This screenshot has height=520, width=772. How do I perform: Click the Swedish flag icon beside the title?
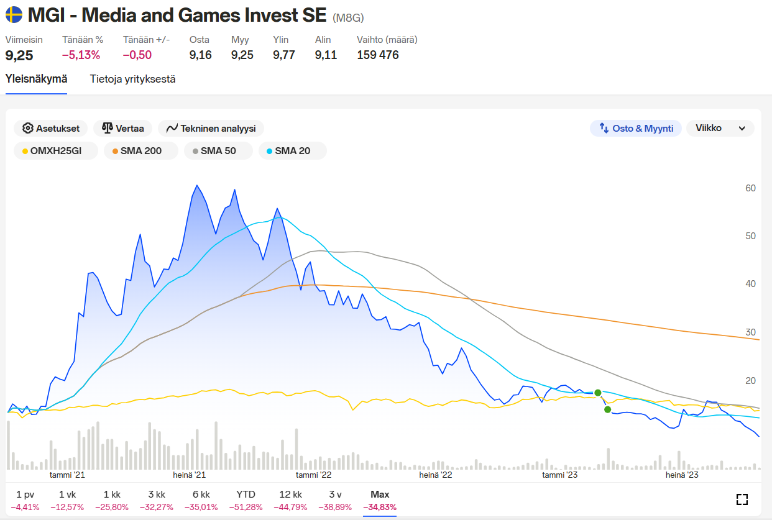[x=14, y=14]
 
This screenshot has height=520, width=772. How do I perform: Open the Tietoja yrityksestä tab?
[x=132, y=79]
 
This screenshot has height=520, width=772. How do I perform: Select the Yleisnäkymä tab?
[x=36, y=79]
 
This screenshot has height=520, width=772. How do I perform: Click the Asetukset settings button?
[x=51, y=128]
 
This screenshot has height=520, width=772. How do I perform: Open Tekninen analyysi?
[x=211, y=128]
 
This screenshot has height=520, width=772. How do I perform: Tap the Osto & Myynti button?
[x=636, y=128]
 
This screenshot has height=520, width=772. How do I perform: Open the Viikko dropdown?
[x=720, y=128]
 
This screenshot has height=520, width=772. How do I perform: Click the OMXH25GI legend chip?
[x=56, y=150]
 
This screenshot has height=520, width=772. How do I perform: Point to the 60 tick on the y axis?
[x=750, y=188]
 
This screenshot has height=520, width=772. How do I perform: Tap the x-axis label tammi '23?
[x=560, y=475]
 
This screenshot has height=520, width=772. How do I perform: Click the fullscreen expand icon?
[x=742, y=499]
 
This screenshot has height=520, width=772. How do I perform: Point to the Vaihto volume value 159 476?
[x=378, y=55]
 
